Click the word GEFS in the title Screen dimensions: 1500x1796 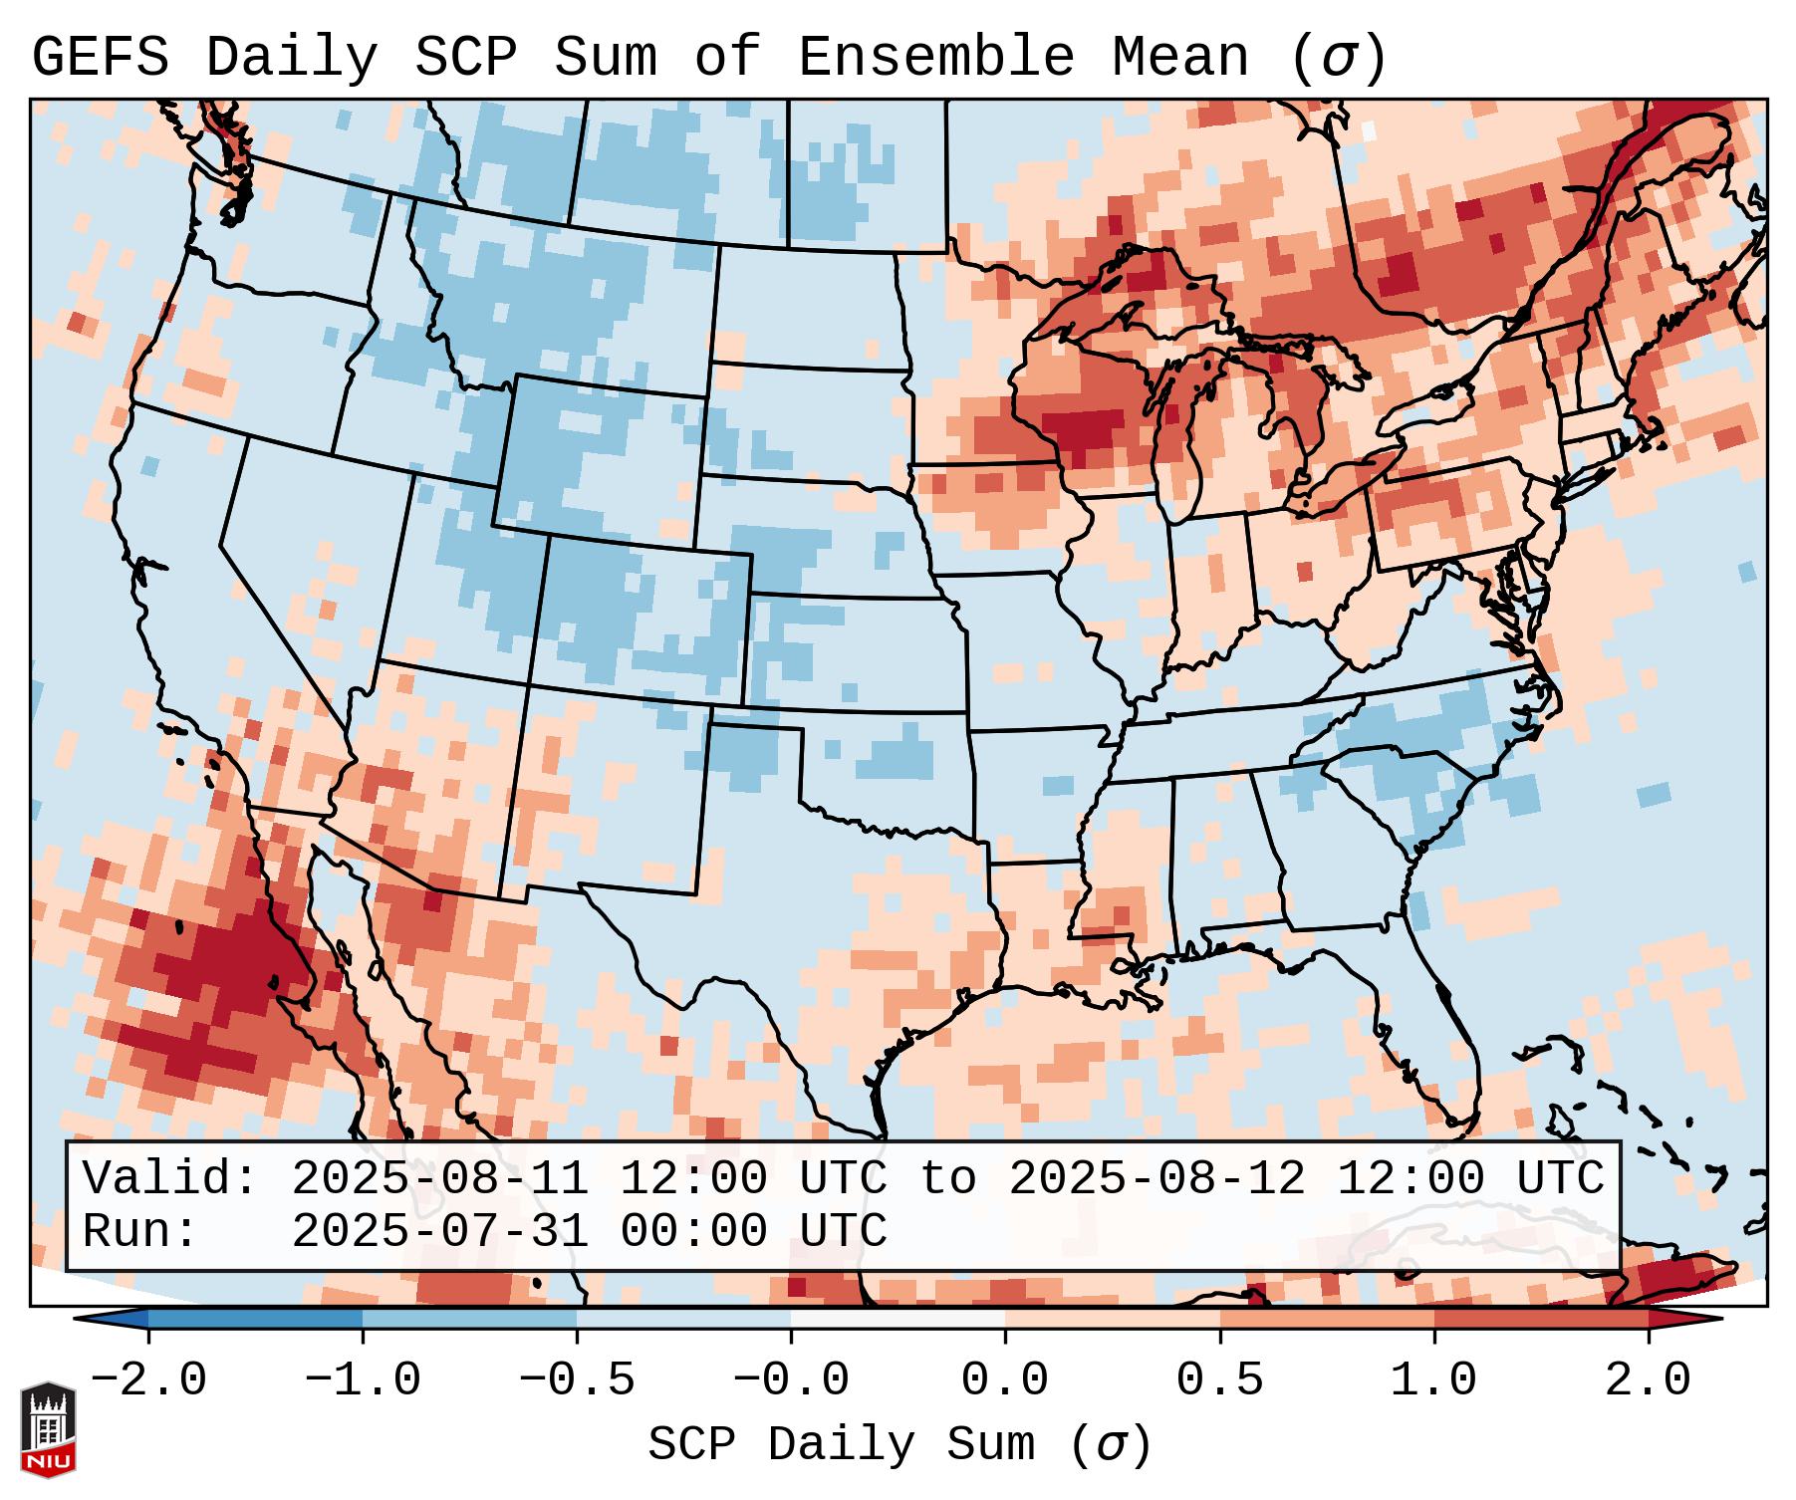click(100, 58)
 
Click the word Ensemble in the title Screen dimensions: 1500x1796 click(935, 58)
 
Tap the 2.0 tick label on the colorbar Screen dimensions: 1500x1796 click(1649, 1380)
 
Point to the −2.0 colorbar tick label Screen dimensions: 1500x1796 click(148, 1380)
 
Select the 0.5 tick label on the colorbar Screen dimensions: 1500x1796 click(1220, 1380)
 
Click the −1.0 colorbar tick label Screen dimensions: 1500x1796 click(363, 1380)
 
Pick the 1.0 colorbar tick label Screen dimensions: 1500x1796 click(1434, 1380)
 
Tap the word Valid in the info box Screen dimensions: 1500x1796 click(169, 1178)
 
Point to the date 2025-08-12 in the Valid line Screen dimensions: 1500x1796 click(1157, 1178)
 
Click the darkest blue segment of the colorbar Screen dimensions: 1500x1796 click(255, 1319)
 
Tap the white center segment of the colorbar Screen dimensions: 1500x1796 click(898, 1319)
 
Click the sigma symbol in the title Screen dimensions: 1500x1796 click(1338, 58)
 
